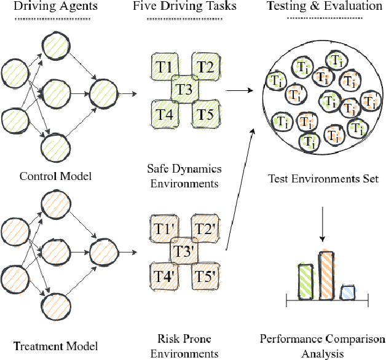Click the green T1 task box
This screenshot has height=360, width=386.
point(163,66)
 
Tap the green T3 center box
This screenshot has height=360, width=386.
point(185,90)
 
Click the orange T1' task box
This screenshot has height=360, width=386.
point(163,229)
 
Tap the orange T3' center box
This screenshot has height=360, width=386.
point(185,251)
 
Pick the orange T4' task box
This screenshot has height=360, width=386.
point(163,275)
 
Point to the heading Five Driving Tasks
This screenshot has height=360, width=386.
point(185,7)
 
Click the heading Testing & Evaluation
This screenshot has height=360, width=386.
point(325,7)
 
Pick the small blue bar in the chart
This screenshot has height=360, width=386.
point(348,293)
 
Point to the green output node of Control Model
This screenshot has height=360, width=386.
point(103,95)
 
